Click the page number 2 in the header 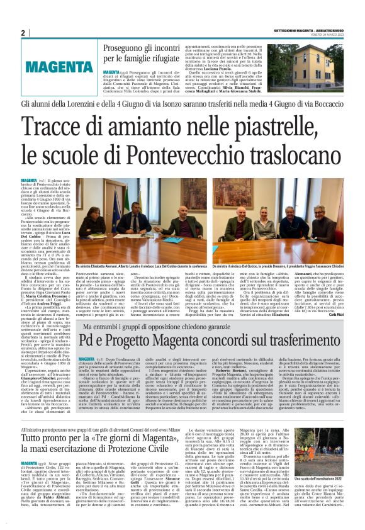coord(23,33)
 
